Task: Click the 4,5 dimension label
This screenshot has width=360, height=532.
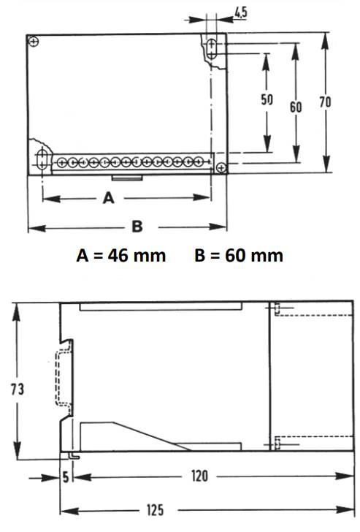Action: coord(241,12)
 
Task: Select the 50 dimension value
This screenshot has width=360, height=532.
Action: coord(267,99)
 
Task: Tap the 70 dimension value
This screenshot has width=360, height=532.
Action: coord(325,102)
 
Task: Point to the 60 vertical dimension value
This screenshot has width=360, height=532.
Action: coord(296,107)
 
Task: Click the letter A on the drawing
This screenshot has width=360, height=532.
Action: coord(109,198)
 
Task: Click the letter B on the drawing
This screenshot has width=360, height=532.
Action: coord(137,227)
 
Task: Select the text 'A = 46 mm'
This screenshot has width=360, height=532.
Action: coord(121,256)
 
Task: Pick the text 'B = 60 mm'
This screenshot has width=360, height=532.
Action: coord(239,256)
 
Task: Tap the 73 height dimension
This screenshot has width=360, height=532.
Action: coord(18,389)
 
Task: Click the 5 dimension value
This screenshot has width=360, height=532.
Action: coord(66,477)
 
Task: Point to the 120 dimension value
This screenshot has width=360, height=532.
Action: coord(199,476)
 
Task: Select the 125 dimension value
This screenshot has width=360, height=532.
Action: coord(155,510)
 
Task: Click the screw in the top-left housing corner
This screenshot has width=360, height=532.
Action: coord(33,42)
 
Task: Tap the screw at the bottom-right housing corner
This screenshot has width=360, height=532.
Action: coord(221,167)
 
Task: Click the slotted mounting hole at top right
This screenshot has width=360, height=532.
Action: coord(212,49)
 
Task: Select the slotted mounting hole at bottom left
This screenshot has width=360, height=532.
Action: coord(42,159)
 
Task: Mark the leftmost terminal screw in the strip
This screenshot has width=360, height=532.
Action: coord(61,162)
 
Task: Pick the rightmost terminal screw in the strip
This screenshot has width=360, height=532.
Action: coord(199,161)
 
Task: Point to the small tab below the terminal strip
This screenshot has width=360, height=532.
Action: coord(127,178)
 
